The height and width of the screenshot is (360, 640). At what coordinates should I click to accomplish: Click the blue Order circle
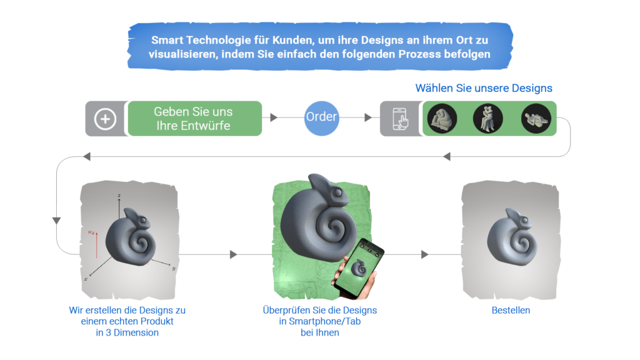(x=321, y=117)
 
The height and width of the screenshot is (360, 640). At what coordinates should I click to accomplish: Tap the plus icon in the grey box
(x=105, y=118)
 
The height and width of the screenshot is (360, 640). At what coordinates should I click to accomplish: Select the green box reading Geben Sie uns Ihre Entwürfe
(x=193, y=118)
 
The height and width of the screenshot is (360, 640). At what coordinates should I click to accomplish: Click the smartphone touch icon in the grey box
(x=400, y=118)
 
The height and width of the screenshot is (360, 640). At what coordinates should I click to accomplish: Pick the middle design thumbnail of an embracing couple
(x=488, y=117)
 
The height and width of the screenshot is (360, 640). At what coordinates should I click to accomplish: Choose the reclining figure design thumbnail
(x=536, y=118)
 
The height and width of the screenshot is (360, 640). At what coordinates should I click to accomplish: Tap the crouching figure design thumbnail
(x=441, y=117)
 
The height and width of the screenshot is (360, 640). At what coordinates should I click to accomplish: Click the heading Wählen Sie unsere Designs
(x=483, y=89)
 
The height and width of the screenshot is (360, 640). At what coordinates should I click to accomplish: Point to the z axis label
(x=118, y=196)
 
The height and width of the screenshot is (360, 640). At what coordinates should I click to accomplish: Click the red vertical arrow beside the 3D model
(x=96, y=244)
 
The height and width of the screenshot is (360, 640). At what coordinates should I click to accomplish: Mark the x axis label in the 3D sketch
(x=86, y=279)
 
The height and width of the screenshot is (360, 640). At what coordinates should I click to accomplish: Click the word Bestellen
(x=510, y=310)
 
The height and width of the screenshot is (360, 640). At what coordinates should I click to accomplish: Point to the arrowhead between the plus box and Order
(x=273, y=117)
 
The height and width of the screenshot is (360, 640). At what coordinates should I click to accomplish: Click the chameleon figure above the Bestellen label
(x=510, y=238)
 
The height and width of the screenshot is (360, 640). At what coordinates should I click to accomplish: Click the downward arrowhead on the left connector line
(x=56, y=221)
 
